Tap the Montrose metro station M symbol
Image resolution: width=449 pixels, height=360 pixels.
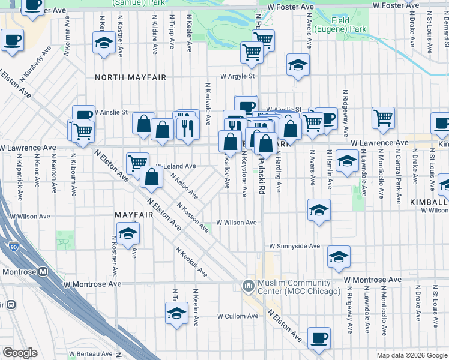pyautogui.click(x=43, y=271)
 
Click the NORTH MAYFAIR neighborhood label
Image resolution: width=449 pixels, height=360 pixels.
pyautogui.click(x=125, y=77)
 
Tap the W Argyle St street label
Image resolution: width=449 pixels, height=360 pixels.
pyautogui.click(x=238, y=76)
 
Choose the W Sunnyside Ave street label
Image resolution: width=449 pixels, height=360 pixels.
pyautogui.click(x=295, y=246)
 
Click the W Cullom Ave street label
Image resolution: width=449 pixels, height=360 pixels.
pyautogui.click(x=237, y=316)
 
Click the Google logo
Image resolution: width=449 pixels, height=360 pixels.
pyautogui.click(x=20, y=353)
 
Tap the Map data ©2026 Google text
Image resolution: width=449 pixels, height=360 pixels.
pyautogui.click(x=411, y=355)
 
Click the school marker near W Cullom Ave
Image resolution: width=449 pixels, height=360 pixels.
pyautogui.click(x=176, y=313)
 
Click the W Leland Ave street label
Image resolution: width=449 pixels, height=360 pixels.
pyautogui.click(x=176, y=166)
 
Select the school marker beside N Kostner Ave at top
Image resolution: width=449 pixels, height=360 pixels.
pyautogui.click(x=104, y=43)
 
